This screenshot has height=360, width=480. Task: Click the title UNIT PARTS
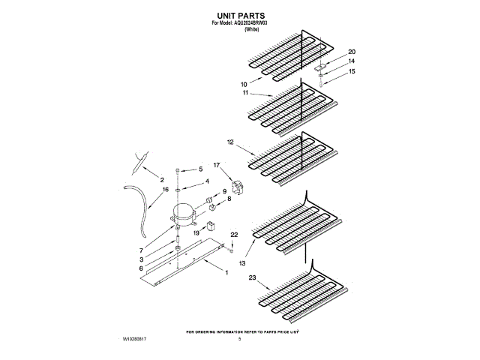241,14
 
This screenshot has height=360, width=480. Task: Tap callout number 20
351,52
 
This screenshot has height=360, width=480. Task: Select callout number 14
351,61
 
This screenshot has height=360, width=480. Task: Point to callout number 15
351,72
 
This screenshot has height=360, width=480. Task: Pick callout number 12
230,141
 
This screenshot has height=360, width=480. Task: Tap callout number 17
217,164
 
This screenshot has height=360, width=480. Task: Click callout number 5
200,169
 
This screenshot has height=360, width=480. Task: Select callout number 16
164,190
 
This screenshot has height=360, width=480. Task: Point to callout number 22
234,235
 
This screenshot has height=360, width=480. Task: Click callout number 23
253,279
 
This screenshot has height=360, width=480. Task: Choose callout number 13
242,263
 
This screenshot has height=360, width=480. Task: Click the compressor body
184,214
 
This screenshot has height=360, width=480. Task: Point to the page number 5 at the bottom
240,340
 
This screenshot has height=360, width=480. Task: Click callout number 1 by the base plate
226,271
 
